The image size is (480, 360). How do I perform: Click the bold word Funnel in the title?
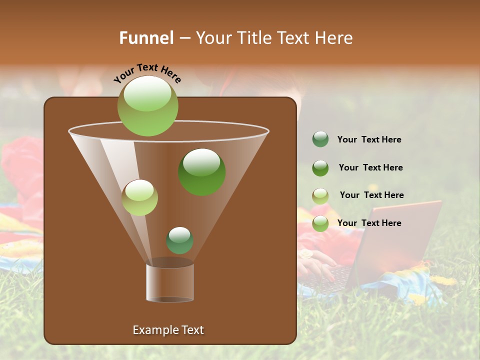(146, 38)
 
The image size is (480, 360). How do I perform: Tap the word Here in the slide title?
(333, 38)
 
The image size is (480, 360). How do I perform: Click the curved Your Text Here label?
(147, 73)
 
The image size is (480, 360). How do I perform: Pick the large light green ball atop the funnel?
(148, 105)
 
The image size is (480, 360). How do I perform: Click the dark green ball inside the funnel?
(202, 172)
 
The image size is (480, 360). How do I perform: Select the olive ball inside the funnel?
(139, 197)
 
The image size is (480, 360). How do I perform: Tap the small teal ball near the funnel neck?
(179, 240)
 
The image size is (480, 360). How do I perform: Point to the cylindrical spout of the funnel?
(170, 282)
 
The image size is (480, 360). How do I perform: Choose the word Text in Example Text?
(192, 330)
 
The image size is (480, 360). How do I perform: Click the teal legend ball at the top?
(320, 139)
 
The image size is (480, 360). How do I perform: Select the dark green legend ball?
(320, 168)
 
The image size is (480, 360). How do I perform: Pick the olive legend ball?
(320, 196)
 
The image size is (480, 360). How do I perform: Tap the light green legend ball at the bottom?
(320, 224)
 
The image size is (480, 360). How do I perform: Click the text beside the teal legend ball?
(369, 140)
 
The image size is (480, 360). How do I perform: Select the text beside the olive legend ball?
(371, 195)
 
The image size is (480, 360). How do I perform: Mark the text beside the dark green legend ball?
(370, 168)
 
